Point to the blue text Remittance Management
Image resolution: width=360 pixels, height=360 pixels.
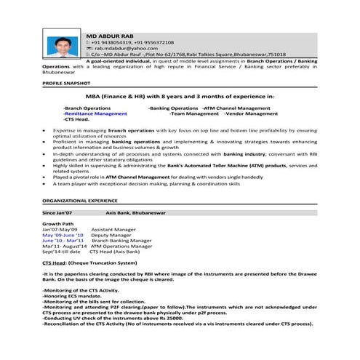point(95,113)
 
